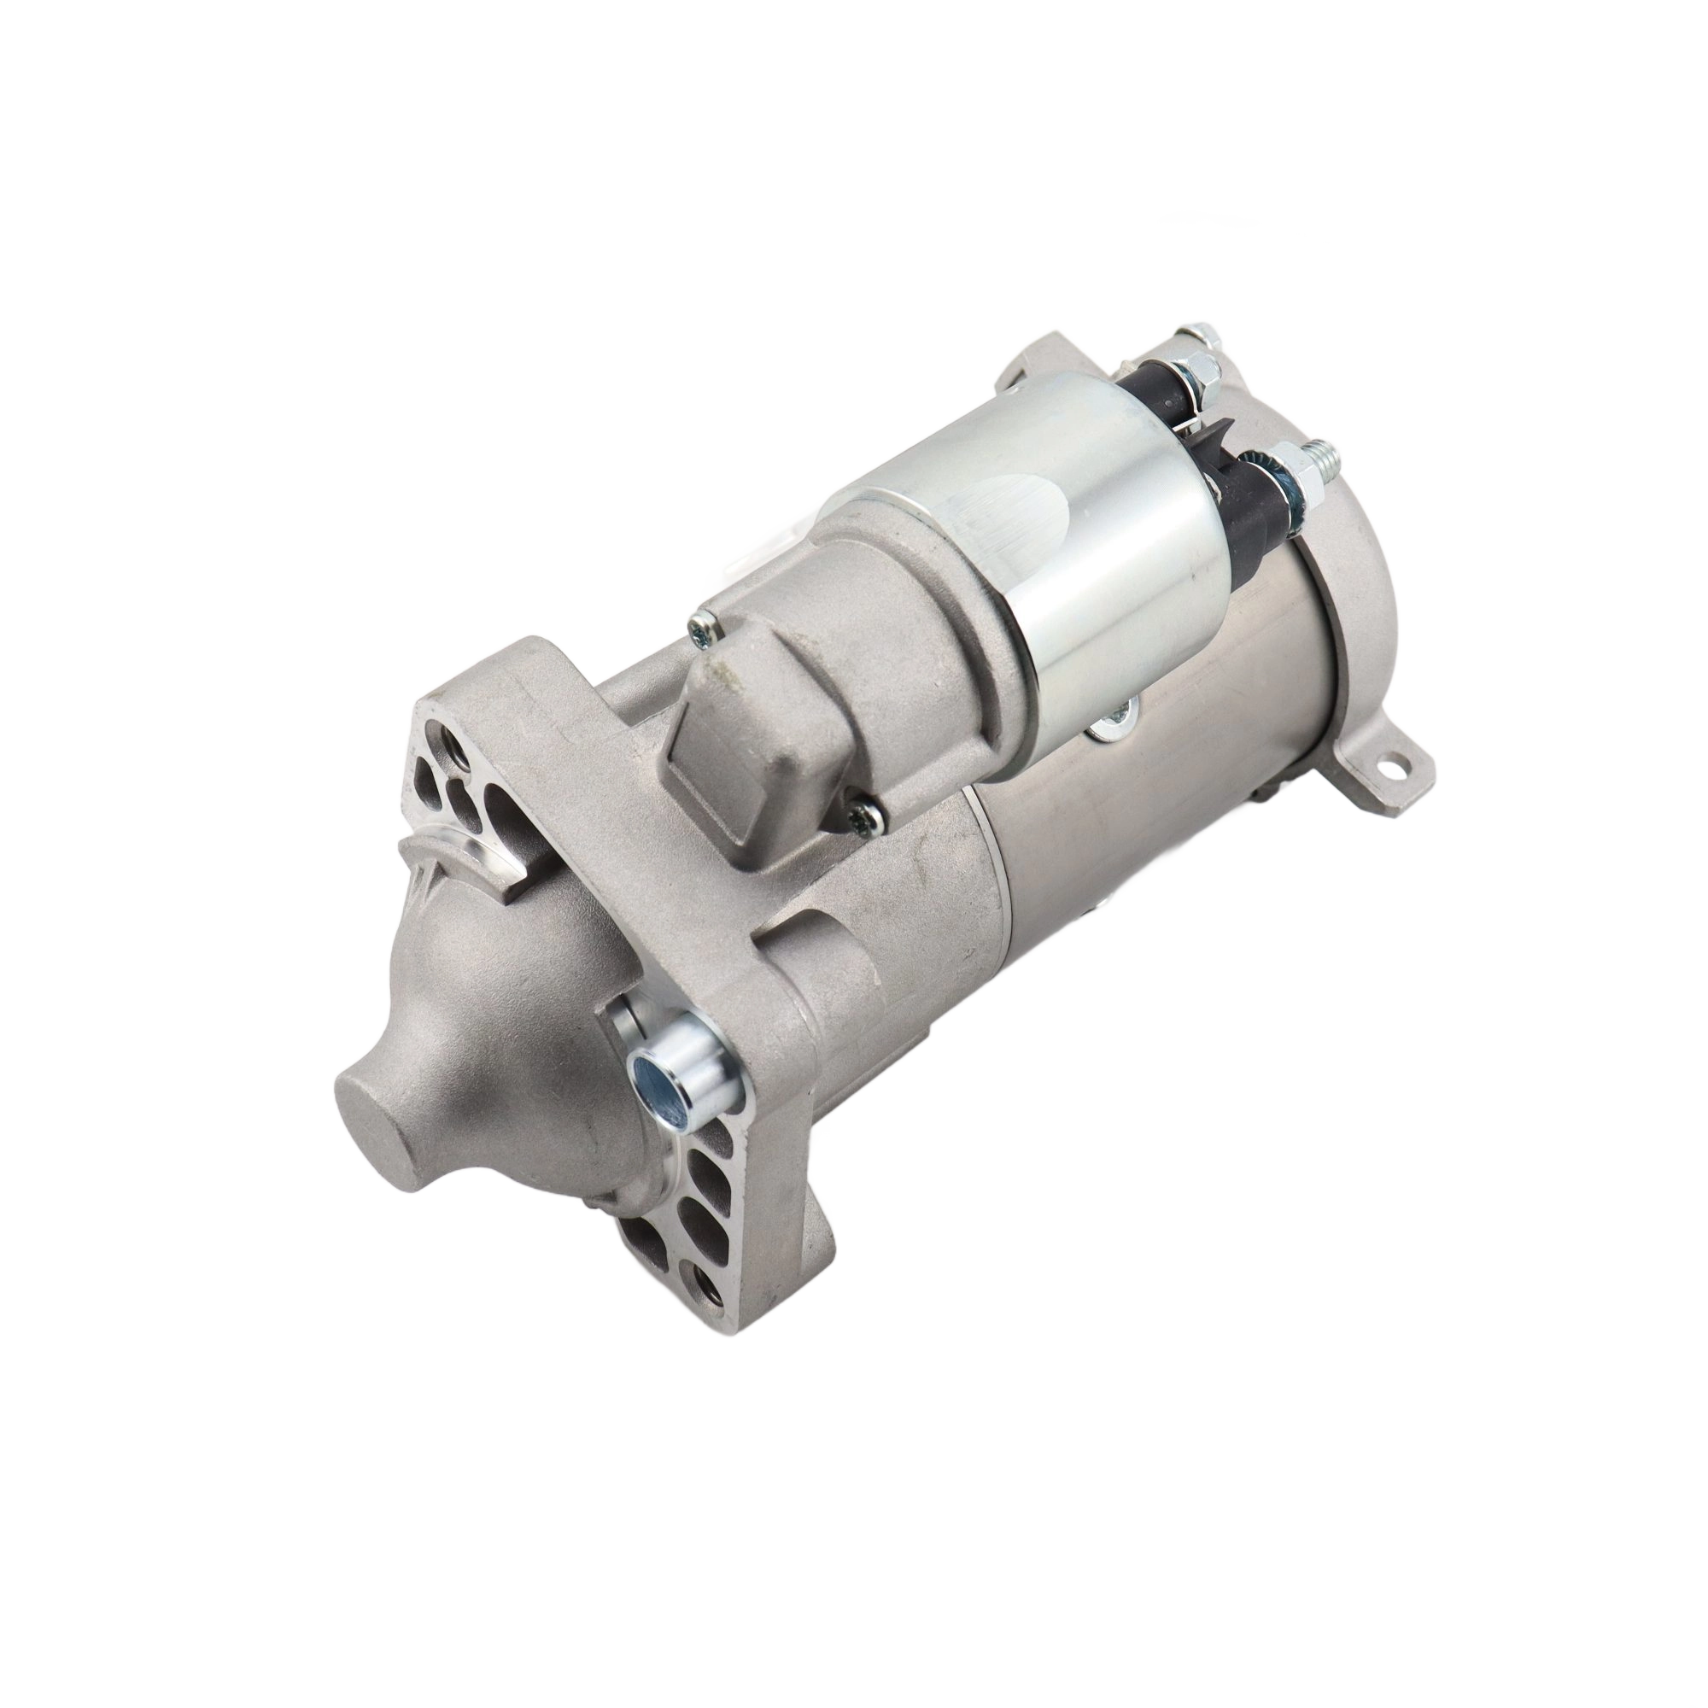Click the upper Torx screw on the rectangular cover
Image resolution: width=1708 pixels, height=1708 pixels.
[705, 629]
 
